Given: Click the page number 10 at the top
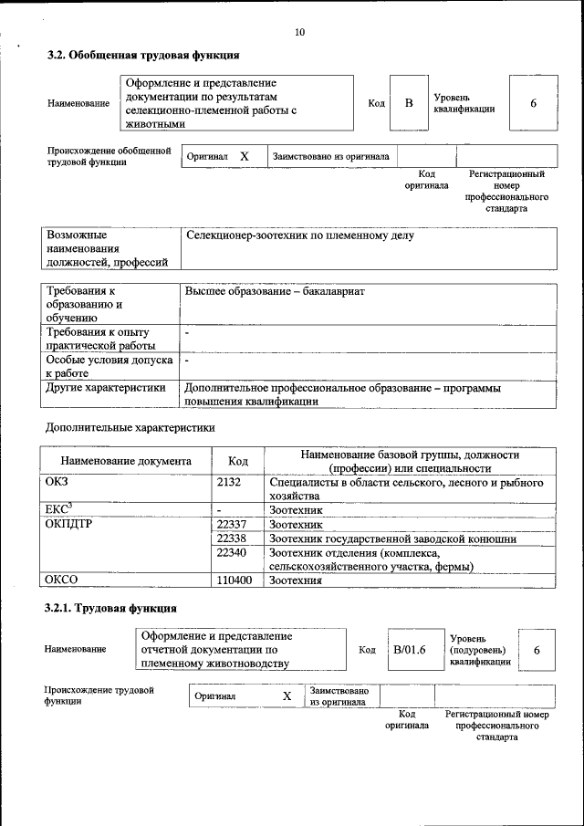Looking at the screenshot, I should (299, 33).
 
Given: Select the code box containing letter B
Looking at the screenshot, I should (409, 103).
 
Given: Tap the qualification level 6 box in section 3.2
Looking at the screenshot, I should (533, 103).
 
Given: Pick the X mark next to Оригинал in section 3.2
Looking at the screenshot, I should (245, 156).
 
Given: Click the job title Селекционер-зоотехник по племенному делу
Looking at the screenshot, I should (299, 236).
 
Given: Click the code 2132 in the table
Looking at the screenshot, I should (229, 481).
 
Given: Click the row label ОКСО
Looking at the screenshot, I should (61, 580).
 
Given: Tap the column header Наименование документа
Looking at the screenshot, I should (126, 461).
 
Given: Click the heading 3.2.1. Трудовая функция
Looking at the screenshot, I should (111, 608).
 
